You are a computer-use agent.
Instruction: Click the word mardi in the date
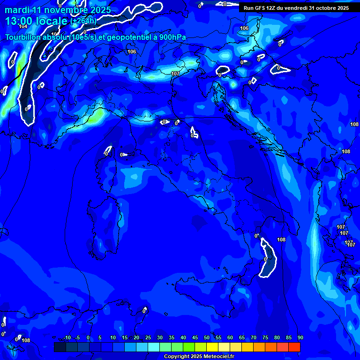click(x=18, y=10)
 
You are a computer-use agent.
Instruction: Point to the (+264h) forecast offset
click(x=83, y=21)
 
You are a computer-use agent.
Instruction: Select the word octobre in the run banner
click(x=323, y=8)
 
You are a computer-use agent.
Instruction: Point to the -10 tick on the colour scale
click(x=67, y=338)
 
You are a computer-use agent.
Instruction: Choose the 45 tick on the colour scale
click(x=195, y=338)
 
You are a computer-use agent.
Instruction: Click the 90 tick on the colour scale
click(x=300, y=338)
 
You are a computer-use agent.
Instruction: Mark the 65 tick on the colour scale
click(x=242, y=338)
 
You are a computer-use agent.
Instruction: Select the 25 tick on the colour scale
click(x=148, y=338)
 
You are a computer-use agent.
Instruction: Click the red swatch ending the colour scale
click(x=294, y=347)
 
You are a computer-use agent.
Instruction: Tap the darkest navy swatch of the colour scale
click(x=60, y=347)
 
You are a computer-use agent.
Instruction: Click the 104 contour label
click(x=22, y=26)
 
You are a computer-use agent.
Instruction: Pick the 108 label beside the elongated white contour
click(x=281, y=240)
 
